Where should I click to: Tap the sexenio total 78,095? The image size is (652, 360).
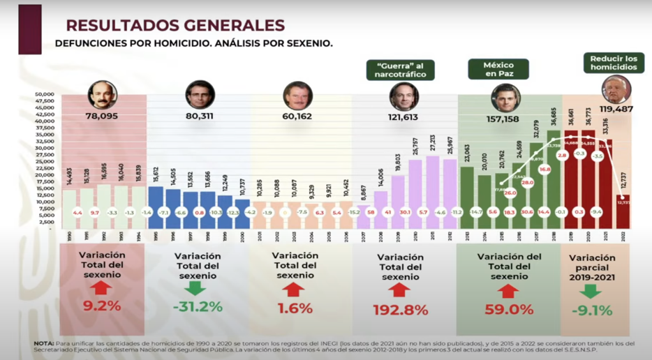(101, 117)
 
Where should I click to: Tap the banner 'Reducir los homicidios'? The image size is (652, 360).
(613, 63)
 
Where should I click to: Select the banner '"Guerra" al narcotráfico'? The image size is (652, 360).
(400, 69)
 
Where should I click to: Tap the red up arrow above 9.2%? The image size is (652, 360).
(101, 287)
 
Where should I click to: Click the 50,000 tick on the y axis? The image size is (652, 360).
(45, 93)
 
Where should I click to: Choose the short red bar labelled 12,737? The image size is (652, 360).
(623, 211)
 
